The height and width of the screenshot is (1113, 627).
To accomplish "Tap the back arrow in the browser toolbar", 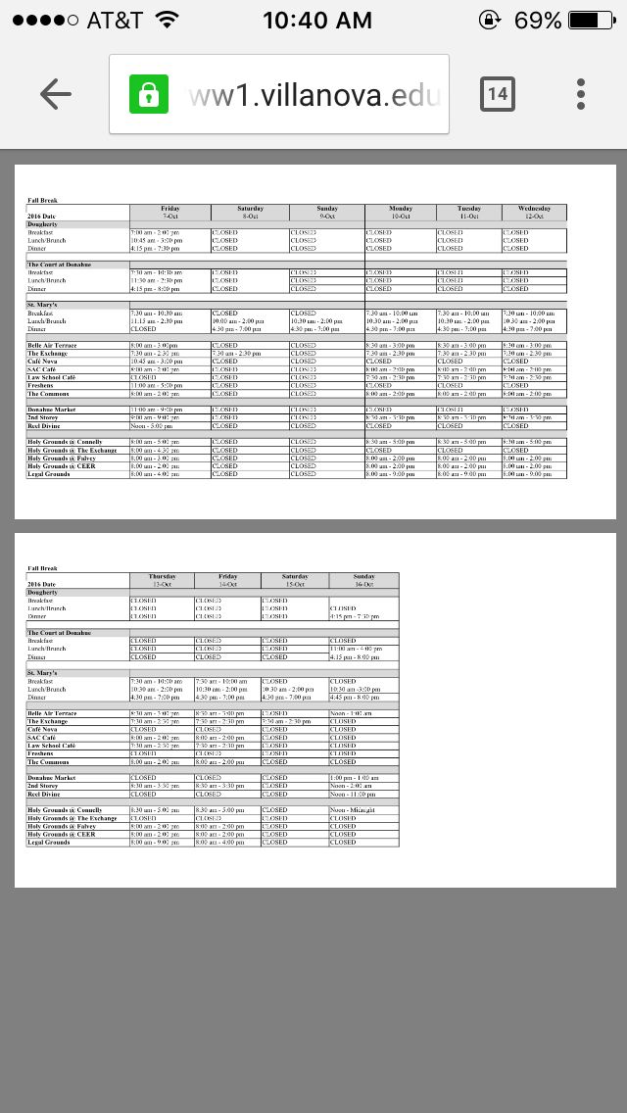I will pyautogui.click(x=56, y=94).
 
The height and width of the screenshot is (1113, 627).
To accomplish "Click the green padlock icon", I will pyautogui.click(x=149, y=94).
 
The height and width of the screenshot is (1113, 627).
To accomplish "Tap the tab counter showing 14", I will pyautogui.click(x=498, y=94).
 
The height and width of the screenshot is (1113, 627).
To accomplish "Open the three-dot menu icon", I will pyautogui.click(x=581, y=94).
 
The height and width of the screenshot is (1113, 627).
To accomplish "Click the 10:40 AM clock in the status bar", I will pyautogui.click(x=317, y=20).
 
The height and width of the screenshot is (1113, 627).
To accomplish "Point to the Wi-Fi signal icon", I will pyautogui.click(x=167, y=20).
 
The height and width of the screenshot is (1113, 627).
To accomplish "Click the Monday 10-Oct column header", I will pyautogui.click(x=401, y=212).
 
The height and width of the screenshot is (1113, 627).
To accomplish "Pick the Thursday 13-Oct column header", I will pyautogui.click(x=162, y=580).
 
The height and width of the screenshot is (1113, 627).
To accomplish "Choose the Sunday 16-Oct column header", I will pyautogui.click(x=363, y=580).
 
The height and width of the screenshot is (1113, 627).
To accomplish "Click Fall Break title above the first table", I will pyautogui.click(x=43, y=200).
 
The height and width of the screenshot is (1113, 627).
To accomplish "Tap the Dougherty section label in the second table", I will pyautogui.click(x=42, y=593).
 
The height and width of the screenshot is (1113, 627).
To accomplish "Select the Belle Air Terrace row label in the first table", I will pyautogui.click(x=52, y=346).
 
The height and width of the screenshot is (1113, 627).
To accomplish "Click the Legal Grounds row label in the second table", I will pyautogui.click(x=48, y=843).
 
